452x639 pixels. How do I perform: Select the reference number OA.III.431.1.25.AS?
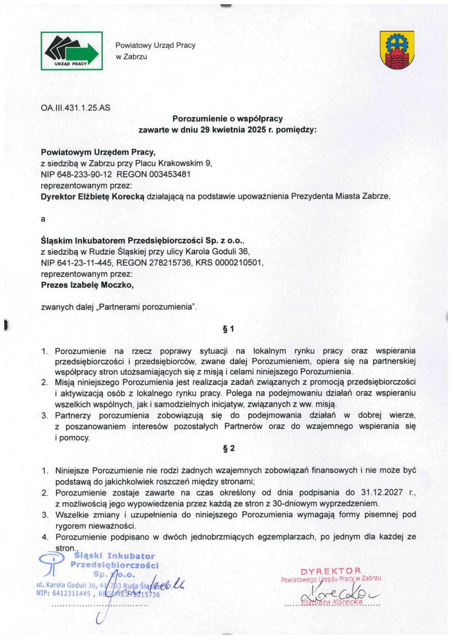coord(75,108)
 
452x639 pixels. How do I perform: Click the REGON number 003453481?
coord(164,174)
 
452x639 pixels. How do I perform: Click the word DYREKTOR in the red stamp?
coord(330,570)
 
